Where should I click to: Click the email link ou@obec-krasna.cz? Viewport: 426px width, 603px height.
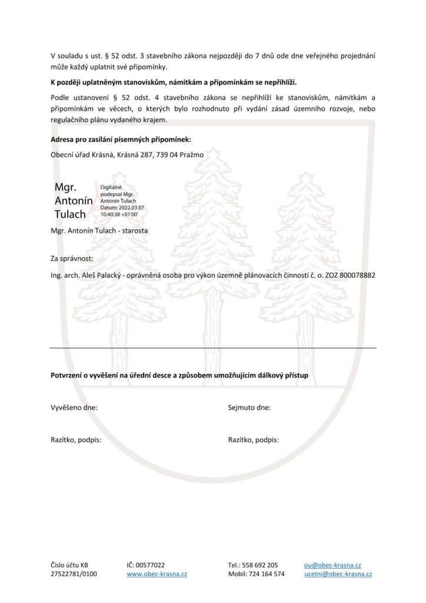332,565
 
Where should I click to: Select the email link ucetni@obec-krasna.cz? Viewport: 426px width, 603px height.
338,574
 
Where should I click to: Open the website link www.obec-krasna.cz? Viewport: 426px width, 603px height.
157,574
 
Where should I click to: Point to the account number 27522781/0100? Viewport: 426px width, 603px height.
74,574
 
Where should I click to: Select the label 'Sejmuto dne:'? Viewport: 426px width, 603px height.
249,407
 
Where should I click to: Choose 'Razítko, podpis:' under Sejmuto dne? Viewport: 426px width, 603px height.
253,439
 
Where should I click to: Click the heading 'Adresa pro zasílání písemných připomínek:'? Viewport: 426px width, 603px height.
121,140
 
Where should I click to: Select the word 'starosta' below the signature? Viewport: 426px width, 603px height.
135,231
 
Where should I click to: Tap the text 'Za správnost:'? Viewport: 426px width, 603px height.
72,259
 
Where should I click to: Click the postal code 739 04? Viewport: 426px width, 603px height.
167,155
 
